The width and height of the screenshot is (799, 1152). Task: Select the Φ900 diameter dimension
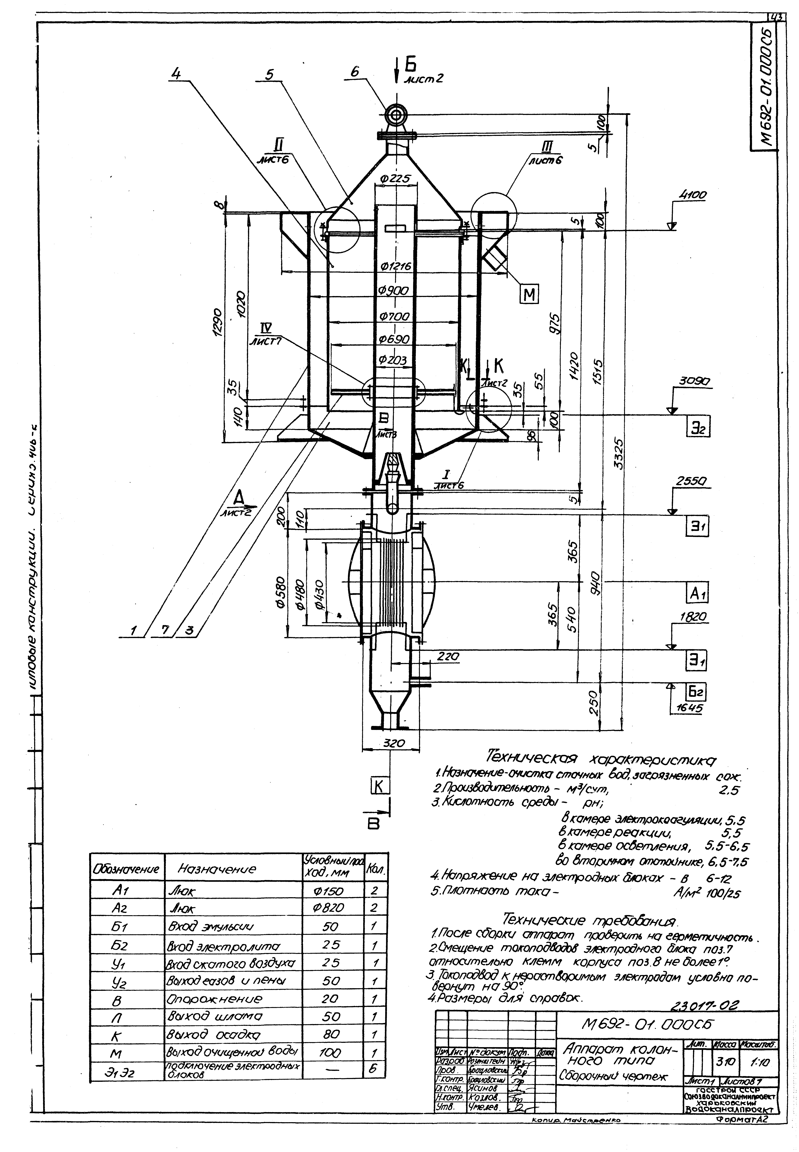click(x=394, y=291)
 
